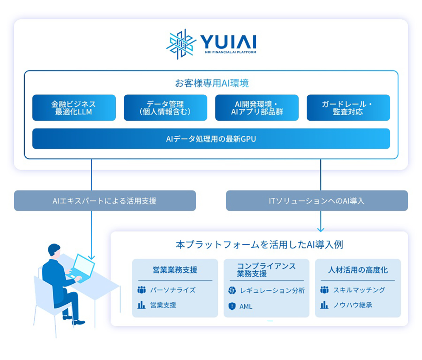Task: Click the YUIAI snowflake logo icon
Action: click(x=181, y=44)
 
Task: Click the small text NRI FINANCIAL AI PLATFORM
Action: click(x=231, y=52)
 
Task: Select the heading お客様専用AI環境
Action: click(x=212, y=83)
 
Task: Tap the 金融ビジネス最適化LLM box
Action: click(x=74, y=108)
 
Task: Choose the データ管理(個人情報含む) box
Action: click(x=165, y=108)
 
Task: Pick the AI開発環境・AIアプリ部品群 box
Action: click(x=257, y=108)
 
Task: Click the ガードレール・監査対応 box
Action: click(x=348, y=108)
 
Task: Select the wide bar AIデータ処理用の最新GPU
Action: click(x=211, y=139)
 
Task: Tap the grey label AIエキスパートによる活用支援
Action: click(x=105, y=201)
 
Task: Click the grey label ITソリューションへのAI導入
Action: click(x=316, y=201)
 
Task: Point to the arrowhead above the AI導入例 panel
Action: click(x=320, y=229)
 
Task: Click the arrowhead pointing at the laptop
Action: click(x=91, y=257)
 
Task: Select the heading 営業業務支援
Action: click(x=175, y=270)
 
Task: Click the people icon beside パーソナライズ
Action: click(x=141, y=290)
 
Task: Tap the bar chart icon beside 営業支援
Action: click(x=141, y=305)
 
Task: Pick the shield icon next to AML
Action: click(x=232, y=306)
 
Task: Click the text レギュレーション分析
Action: click(x=272, y=290)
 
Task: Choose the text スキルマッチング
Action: click(x=359, y=290)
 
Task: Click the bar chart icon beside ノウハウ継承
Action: click(x=324, y=305)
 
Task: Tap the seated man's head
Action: click(x=54, y=251)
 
